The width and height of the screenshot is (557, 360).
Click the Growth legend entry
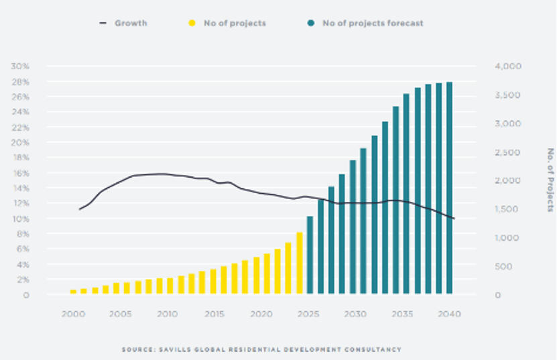click(130, 23)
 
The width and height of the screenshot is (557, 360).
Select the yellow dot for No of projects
click(192, 23)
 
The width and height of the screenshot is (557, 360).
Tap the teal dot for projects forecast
click(311, 23)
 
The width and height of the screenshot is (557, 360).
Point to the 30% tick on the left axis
click(20, 66)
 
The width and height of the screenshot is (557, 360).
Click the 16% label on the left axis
click(20, 173)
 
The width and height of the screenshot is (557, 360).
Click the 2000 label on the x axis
click(72, 314)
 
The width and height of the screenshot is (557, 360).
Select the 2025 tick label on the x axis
click(309, 314)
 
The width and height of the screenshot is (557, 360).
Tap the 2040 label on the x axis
click(450, 314)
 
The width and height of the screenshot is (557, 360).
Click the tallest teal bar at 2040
click(450, 188)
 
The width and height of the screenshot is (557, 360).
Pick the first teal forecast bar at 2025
click(310, 255)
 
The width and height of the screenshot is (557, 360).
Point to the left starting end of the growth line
click(80, 209)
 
